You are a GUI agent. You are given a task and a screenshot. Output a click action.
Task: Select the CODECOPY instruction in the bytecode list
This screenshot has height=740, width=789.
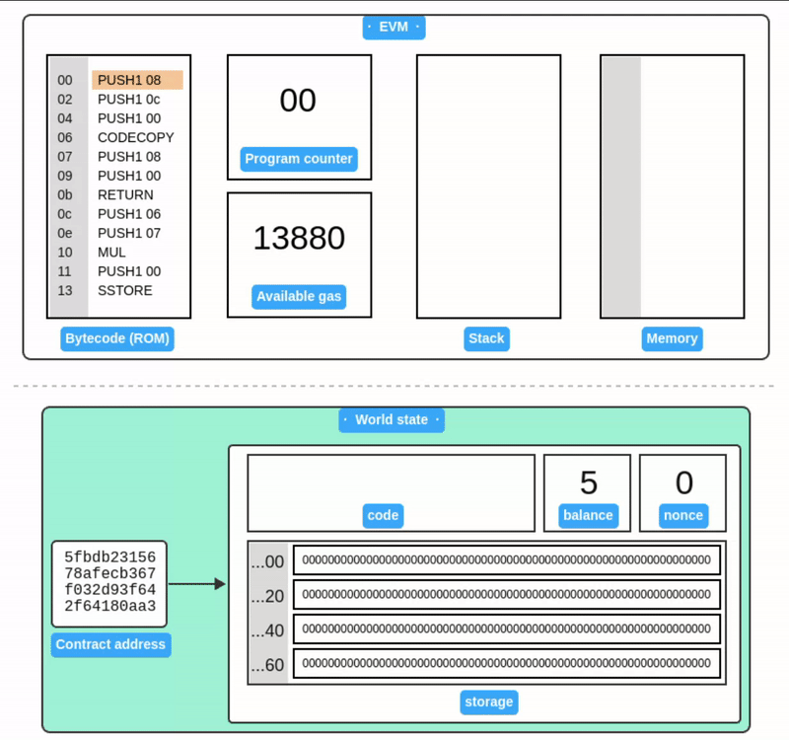coord(136,137)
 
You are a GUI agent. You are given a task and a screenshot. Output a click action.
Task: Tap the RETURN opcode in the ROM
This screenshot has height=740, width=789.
coord(125,194)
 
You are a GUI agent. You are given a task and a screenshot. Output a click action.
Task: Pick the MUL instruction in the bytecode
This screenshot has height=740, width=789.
coord(111,252)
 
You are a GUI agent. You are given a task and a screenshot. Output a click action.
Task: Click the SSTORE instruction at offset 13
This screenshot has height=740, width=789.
coord(125,290)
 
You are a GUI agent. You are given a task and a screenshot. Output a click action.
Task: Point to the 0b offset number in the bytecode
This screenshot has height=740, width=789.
coord(65,194)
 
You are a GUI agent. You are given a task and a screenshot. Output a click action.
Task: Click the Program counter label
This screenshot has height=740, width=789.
coord(299,159)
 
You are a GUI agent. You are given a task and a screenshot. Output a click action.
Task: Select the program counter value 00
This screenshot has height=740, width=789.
coord(298,101)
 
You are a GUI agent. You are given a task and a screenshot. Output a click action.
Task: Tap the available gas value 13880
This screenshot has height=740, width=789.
coord(299,238)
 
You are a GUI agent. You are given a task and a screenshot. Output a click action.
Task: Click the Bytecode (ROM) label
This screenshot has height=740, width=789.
coord(118,338)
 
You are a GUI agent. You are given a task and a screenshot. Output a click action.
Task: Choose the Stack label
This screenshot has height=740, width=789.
coord(486,338)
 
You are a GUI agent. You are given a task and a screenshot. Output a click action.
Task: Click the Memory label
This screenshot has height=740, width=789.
coord(672,338)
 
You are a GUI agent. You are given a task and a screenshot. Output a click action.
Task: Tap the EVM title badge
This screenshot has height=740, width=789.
coord(394,27)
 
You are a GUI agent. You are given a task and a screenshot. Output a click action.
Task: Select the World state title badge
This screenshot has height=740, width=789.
coord(392,419)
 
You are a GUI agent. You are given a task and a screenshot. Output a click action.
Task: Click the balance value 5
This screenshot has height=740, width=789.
coord(588,482)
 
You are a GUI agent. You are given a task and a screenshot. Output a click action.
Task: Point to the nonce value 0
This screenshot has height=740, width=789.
coord(683,482)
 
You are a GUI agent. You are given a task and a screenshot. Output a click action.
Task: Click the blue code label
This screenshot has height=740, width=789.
coord(383,515)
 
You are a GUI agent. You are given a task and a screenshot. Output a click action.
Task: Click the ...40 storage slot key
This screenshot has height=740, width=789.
coord(267,629)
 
